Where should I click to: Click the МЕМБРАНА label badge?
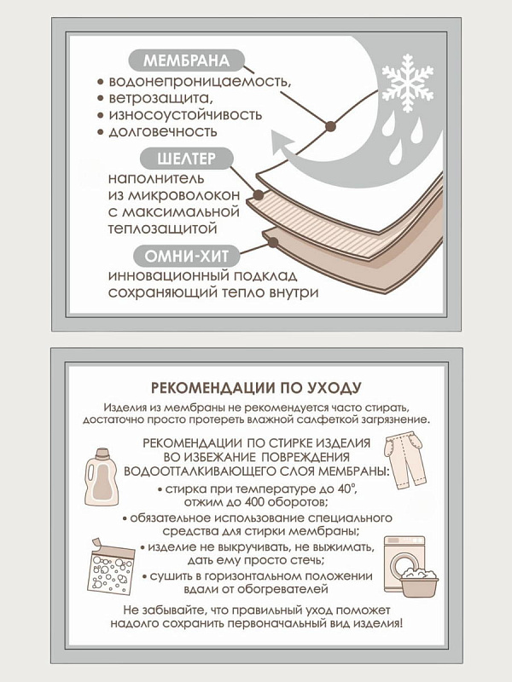[186, 61]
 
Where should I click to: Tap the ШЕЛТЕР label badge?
[186, 159]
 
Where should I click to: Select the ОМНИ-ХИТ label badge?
[186, 256]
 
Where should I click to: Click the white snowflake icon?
[408, 83]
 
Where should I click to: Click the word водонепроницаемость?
[200, 82]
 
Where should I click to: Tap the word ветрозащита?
[161, 98]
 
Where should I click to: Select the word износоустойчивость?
[185, 115]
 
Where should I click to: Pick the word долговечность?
[163, 131]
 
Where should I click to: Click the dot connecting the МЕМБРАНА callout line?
[330, 126]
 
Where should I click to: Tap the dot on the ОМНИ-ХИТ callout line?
[273, 242]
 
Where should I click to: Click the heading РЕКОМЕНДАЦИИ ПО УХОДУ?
[256, 388]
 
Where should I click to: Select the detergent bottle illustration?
[102, 477]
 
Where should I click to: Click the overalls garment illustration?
[404, 459]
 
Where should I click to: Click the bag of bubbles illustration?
[110, 566]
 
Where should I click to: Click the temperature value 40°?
[349, 488]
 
